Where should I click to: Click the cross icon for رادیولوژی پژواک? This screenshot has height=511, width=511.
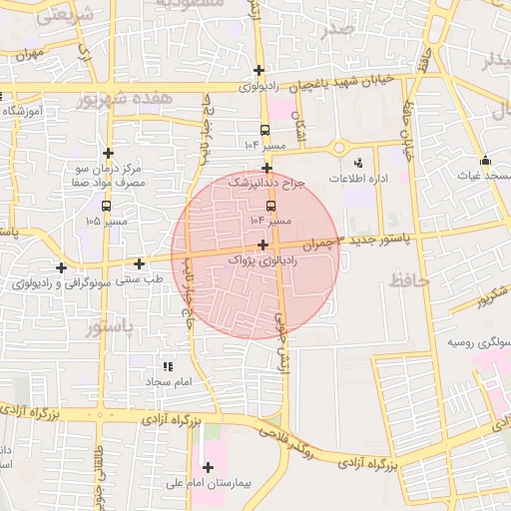(x=262, y=245)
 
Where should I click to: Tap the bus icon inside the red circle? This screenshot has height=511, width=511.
(x=269, y=206)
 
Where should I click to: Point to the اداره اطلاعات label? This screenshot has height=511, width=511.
(x=358, y=178)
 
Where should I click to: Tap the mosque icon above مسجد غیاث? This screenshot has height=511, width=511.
(x=485, y=161)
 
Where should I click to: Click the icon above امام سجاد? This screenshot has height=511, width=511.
(x=168, y=366)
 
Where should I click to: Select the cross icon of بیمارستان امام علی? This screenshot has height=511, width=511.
(x=208, y=467)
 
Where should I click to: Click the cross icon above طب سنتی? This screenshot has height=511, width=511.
(x=139, y=263)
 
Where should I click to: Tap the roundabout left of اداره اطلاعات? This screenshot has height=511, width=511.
(x=339, y=149)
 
